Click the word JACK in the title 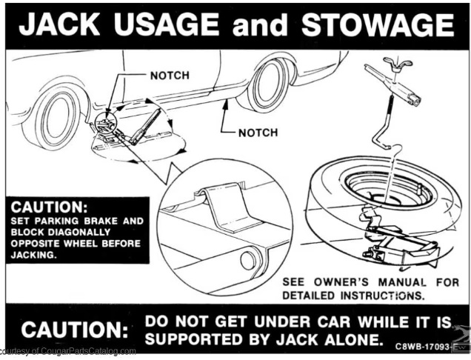click(x=59, y=24)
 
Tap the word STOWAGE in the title click(x=378, y=24)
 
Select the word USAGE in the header click(x=166, y=24)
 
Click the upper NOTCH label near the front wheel click(x=170, y=76)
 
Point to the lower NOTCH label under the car click(x=258, y=133)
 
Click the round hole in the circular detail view click(x=248, y=260)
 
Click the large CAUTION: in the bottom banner click(x=75, y=330)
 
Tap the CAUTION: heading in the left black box click(x=50, y=207)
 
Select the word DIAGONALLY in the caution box click(x=79, y=233)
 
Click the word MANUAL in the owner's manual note click(x=401, y=282)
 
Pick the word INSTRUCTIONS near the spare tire click(x=382, y=296)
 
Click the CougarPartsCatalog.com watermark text click(x=67, y=351)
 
